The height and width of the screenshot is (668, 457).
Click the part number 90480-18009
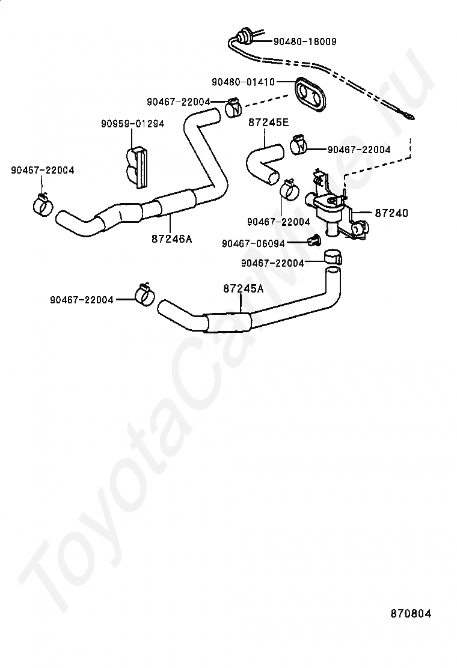305,41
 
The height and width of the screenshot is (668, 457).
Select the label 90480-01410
244,82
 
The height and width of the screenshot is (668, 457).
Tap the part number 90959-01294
132,124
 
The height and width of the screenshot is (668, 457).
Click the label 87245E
269,123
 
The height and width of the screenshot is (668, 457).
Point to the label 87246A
172,239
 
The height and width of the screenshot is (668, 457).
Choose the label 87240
392,213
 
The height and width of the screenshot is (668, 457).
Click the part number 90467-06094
253,243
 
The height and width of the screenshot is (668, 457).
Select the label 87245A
244,288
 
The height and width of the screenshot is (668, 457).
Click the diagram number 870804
411,613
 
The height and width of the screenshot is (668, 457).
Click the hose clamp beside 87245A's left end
144,294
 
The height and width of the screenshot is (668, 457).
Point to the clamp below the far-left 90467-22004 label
43,204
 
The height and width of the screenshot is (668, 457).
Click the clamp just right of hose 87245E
299,144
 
